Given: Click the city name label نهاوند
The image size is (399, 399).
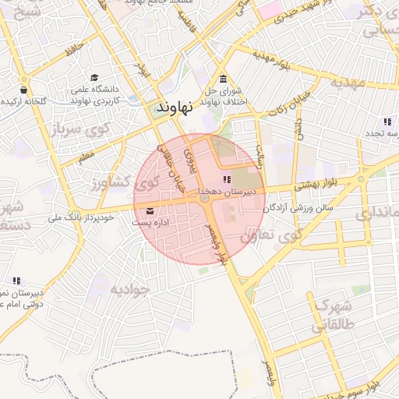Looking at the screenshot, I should pos(170,108).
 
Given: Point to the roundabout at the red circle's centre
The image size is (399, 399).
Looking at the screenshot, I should pos(204,199).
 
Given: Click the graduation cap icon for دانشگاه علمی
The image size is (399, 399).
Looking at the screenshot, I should pos(94,78).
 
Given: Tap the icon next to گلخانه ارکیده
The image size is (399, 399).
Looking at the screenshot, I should pos(25,79).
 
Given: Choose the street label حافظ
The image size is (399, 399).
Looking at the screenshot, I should pos(74,50).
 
